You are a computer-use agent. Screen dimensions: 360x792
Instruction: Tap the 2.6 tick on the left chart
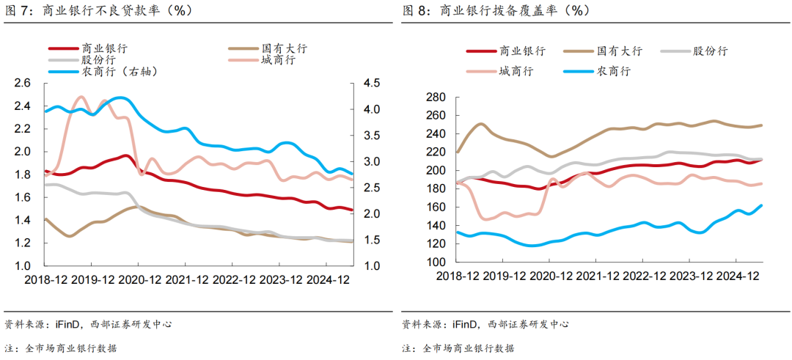point(23,84)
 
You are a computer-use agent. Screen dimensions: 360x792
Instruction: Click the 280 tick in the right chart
point(436,98)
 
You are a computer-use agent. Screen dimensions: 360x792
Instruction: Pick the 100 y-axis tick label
point(436,262)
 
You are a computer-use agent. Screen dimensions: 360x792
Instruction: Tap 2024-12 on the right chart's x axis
point(736,276)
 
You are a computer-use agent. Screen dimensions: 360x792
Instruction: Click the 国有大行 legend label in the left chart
point(284,48)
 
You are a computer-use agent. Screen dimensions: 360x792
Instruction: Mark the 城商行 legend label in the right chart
point(516,71)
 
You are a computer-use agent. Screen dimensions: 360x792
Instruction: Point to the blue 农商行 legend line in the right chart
point(579,71)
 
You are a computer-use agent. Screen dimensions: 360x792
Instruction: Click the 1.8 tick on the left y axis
point(23,175)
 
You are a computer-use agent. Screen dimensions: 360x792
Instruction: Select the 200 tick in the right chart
point(436,170)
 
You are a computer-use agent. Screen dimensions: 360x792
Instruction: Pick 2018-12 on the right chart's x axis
point(458,276)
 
